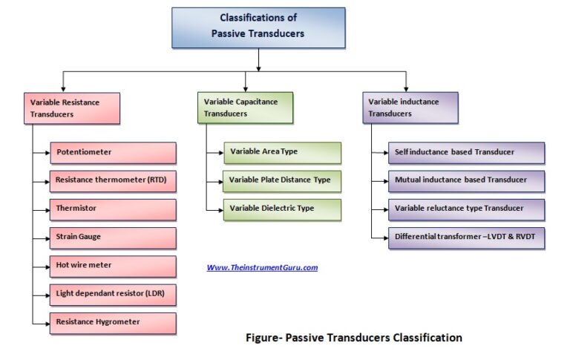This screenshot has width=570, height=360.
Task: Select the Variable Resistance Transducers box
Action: point(73,108)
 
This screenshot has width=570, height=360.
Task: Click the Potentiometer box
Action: point(113,153)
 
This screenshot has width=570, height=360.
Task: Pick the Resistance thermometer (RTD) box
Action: point(113,180)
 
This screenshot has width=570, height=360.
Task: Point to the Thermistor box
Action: point(113,209)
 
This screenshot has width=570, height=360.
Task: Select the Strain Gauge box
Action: point(113,238)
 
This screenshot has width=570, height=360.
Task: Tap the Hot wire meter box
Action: point(113,266)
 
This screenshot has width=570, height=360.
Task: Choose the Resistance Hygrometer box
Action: point(113,323)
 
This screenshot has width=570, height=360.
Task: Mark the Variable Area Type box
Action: point(282,152)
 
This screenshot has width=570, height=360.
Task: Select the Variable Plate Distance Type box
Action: point(282,180)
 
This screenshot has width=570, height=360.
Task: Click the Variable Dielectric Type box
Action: point(282,209)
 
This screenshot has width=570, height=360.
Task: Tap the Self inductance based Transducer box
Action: point(465,153)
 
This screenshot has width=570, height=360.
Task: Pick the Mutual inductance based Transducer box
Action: point(465,180)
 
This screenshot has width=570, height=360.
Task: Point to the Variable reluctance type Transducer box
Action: point(465,209)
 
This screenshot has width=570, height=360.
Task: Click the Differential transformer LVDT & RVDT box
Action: point(465,238)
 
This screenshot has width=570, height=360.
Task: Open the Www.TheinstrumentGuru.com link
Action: point(262,267)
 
